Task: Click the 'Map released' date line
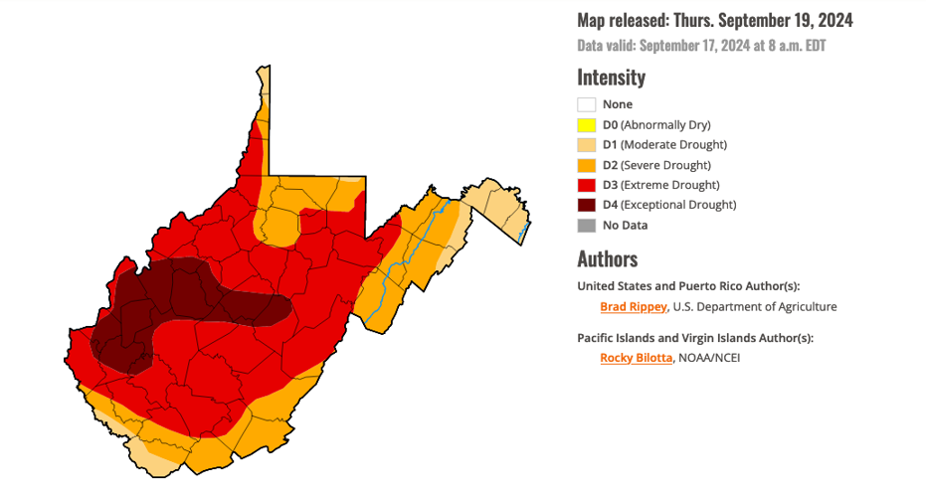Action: pyautogui.click(x=715, y=20)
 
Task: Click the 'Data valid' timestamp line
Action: pyautogui.click(x=702, y=46)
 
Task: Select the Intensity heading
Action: pyautogui.click(x=611, y=78)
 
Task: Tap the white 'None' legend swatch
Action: pyautogui.click(x=587, y=104)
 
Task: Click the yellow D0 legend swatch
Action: pyautogui.click(x=587, y=124)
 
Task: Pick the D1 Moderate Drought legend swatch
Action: pyautogui.click(x=587, y=145)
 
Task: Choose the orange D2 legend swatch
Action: pyautogui.click(x=587, y=165)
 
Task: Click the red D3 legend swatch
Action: pyautogui.click(x=587, y=185)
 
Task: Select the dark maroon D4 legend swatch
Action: pyautogui.click(x=587, y=205)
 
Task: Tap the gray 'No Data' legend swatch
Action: pyautogui.click(x=587, y=226)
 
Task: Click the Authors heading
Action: pyautogui.click(x=607, y=259)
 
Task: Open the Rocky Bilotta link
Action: pyautogui.click(x=637, y=358)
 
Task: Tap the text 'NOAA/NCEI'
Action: pyautogui.click(x=709, y=358)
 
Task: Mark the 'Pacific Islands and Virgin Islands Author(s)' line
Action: pyautogui.click(x=695, y=338)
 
